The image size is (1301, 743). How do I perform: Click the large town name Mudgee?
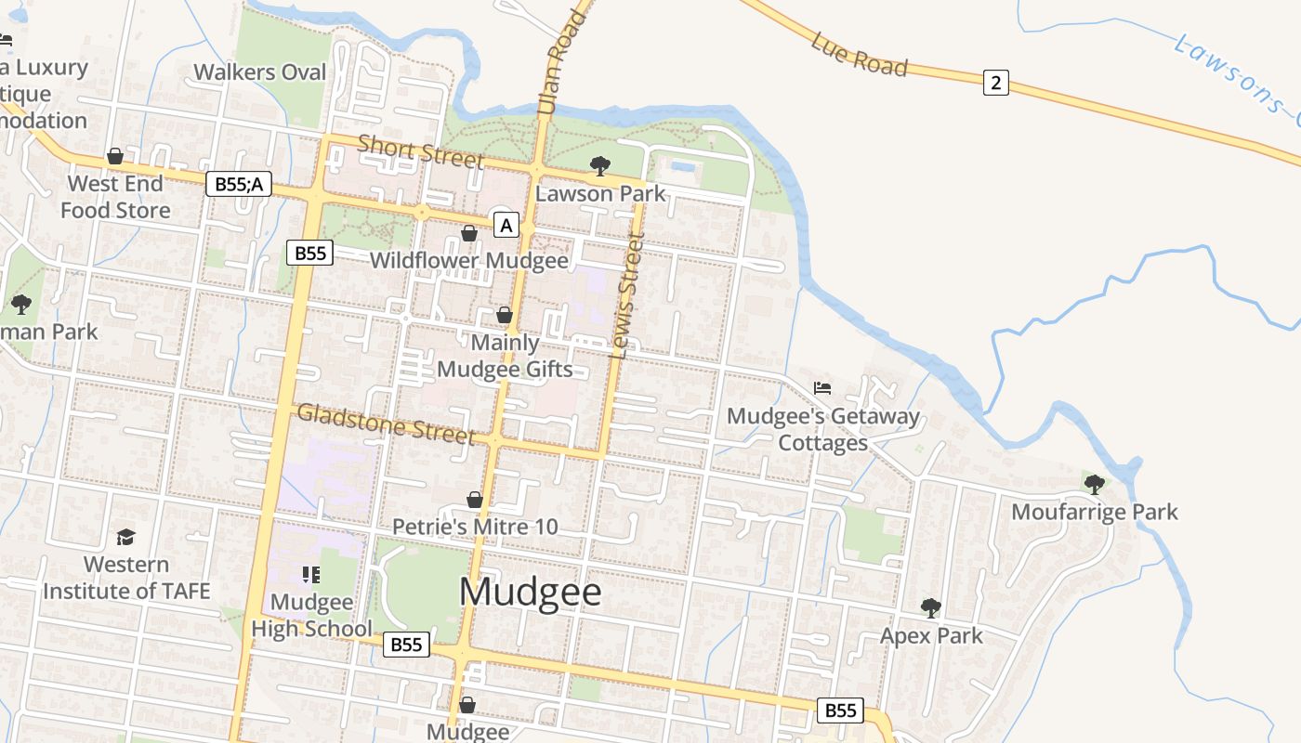[531, 593]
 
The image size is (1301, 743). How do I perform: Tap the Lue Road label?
[858, 54]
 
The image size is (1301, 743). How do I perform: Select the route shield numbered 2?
[995, 83]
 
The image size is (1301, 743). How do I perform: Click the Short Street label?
[420, 151]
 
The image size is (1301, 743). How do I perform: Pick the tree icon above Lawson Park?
[600, 167]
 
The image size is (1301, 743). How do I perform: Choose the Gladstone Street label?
[386, 424]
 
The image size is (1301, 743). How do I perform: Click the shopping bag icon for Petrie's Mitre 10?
[474, 501]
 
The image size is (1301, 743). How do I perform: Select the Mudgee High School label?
[311, 615]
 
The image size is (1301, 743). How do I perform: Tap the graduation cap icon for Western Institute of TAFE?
[125, 538]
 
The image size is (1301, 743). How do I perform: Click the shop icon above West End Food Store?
[115, 156]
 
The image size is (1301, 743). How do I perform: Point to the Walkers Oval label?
[260, 72]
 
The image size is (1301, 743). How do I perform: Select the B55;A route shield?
[238, 184]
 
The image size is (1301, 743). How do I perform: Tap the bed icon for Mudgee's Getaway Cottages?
[821, 388]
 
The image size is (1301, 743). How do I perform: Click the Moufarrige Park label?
[1094, 512]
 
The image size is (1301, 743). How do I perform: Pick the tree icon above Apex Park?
[930, 608]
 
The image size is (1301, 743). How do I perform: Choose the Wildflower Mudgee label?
[468, 260]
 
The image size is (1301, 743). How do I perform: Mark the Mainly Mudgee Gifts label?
[505, 356]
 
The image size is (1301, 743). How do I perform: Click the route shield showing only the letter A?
[506, 225]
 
